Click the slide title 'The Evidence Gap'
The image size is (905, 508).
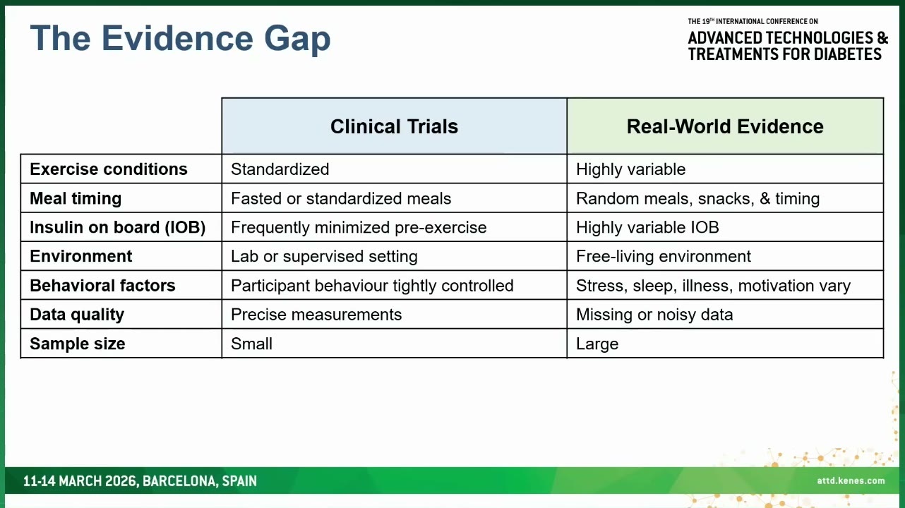(180, 40)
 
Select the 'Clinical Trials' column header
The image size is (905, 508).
(395, 126)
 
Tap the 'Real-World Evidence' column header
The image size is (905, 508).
(725, 126)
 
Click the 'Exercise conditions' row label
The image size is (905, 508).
(109, 169)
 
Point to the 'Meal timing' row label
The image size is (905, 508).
(76, 198)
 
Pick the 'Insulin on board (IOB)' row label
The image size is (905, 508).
(118, 227)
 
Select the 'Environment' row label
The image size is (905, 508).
(80, 256)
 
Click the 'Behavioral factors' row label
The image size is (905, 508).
(102, 286)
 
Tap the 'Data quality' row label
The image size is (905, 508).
(77, 315)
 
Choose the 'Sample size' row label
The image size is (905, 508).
(78, 344)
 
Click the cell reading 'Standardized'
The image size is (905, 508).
(280, 169)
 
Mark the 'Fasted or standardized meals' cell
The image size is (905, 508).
(341, 198)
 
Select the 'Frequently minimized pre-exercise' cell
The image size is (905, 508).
(359, 227)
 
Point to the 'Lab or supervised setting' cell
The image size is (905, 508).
(325, 256)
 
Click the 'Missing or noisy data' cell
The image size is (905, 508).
(654, 315)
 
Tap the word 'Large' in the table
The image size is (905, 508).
(597, 344)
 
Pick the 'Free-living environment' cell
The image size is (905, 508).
(664, 256)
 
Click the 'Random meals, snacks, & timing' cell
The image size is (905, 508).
(697, 198)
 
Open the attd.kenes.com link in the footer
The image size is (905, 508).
(851, 480)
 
